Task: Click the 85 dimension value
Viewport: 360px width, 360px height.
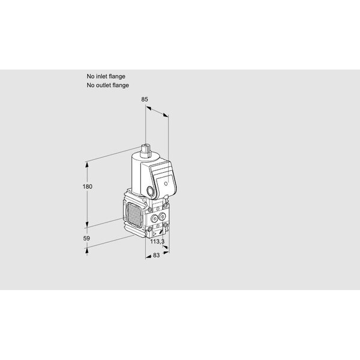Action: [145, 99]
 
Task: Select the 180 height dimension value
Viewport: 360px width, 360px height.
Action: [88, 187]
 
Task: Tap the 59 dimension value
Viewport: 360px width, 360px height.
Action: [86, 238]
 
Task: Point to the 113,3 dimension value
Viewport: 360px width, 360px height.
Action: [157, 241]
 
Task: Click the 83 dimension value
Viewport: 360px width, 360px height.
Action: [156, 255]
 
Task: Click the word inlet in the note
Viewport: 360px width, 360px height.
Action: [106, 76]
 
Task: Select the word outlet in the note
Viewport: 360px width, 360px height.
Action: [104, 85]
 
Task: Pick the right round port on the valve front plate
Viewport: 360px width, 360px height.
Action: [162, 216]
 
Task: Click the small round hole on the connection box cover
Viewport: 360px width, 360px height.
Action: [166, 184]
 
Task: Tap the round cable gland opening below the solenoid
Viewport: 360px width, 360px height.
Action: [150, 191]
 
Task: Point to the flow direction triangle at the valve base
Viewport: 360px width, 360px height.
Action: [155, 234]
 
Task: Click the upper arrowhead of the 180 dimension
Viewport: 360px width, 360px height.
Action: [87, 164]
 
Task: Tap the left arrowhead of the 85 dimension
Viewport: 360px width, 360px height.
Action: [148, 107]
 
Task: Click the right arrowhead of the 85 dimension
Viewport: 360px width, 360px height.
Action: [166, 115]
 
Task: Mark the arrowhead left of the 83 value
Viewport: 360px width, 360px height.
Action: [148, 256]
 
